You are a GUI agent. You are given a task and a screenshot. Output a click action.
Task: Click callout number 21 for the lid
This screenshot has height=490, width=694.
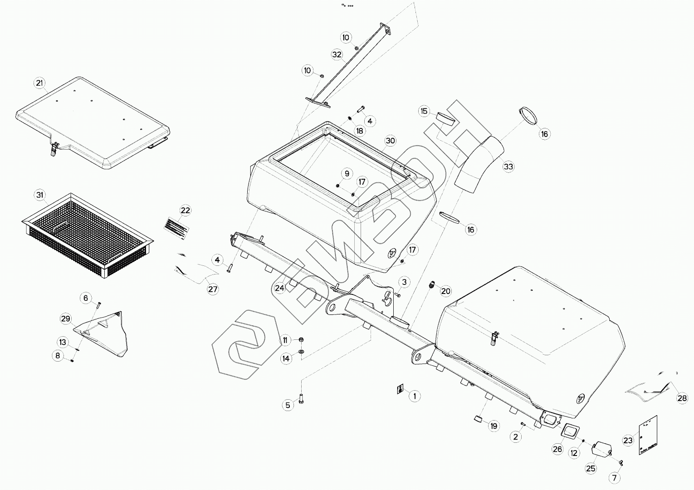[x=40, y=83]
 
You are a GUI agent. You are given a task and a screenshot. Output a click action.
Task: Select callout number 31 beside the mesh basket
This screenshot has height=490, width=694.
[x=40, y=196]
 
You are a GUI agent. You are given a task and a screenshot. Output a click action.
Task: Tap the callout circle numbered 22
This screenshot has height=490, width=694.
[x=185, y=211]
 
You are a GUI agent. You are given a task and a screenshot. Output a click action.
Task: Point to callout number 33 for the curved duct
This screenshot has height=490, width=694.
[x=508, y=167]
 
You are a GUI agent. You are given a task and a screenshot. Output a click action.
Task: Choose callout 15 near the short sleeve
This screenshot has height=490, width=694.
[x=424, y=111]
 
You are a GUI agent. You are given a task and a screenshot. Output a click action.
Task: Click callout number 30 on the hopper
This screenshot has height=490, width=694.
[x=391, y=141]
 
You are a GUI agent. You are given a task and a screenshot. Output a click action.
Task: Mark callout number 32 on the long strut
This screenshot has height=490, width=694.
[x=337, y=54]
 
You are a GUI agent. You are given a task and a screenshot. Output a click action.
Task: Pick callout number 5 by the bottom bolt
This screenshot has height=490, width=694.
[x=288, y=405]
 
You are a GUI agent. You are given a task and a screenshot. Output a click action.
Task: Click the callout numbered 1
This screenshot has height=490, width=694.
[x=414, y=396]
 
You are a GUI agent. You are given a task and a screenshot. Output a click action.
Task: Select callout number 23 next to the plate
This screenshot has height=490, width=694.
[x=628, y=440]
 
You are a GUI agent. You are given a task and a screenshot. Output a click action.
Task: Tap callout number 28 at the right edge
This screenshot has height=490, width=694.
[x=682, y=398]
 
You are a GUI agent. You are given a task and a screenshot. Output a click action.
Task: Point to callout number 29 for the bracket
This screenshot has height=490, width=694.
[x=66, y=319]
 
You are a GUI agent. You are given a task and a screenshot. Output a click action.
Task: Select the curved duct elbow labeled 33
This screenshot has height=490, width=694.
[x=479, y=163]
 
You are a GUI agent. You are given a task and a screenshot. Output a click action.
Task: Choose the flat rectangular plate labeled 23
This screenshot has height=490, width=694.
[x=648, y=435]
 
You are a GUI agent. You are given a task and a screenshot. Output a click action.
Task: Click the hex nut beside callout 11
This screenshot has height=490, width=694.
[x=301, y=340]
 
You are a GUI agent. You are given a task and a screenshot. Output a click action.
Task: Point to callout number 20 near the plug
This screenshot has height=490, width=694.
[x=446, y=291]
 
